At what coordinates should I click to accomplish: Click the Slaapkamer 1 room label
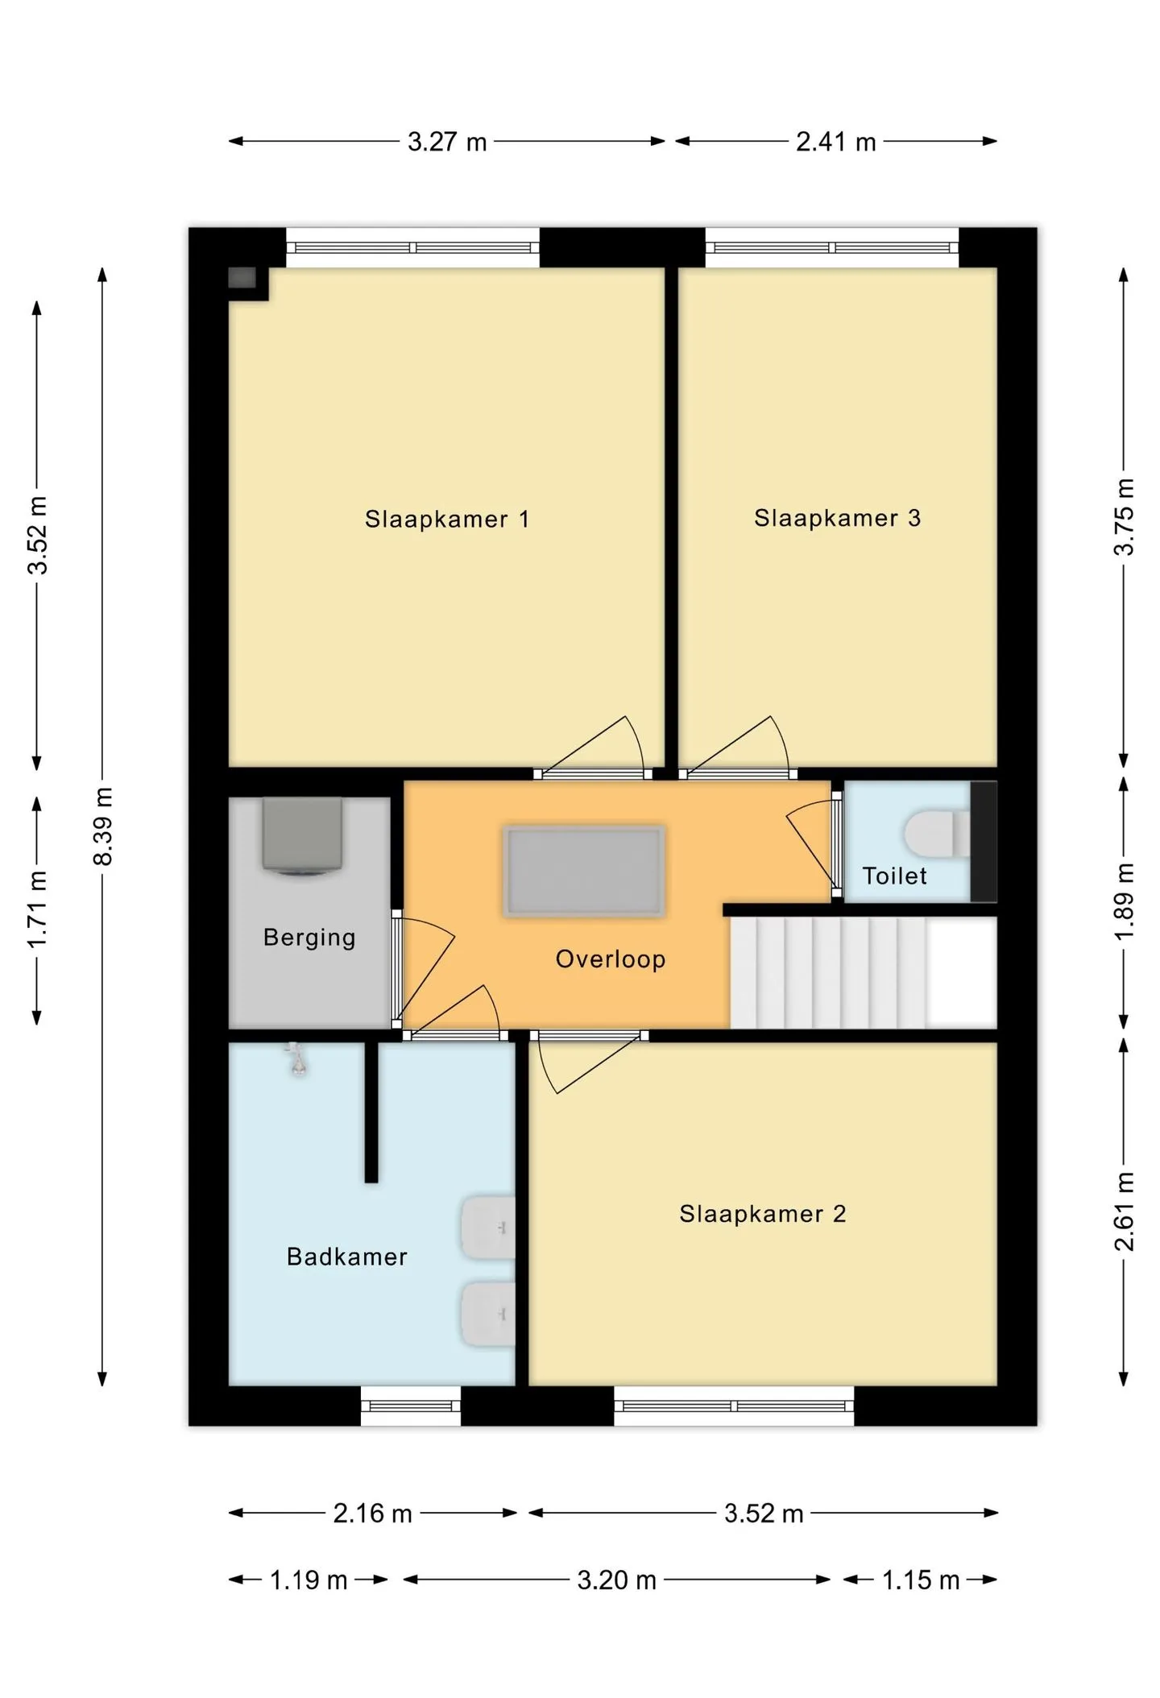[447, 519]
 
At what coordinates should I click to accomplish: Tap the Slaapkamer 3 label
[837, 518]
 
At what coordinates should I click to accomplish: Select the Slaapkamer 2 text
[762, 1214]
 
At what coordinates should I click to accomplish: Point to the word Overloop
[611, 959]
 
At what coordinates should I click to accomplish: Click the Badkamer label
[347, 1257]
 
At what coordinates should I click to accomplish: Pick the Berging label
[309, 938]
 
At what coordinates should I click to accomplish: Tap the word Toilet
[894, 876]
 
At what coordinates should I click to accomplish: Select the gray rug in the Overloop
[584, 871]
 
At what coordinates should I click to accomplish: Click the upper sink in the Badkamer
[487, 1228]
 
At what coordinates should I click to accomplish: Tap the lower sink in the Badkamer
[487, 1315]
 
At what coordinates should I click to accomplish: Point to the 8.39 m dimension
[103, 826]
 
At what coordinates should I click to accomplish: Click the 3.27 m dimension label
[447, 142]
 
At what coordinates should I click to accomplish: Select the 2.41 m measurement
[836, 142]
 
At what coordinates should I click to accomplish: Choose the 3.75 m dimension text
[1125, 517]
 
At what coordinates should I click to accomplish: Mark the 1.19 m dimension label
[309, 1580]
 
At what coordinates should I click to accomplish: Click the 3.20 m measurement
[617, 1580]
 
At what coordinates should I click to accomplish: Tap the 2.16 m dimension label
[373, 1514]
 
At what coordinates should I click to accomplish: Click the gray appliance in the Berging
[301, 836]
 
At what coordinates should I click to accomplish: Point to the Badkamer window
[411, 1406]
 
